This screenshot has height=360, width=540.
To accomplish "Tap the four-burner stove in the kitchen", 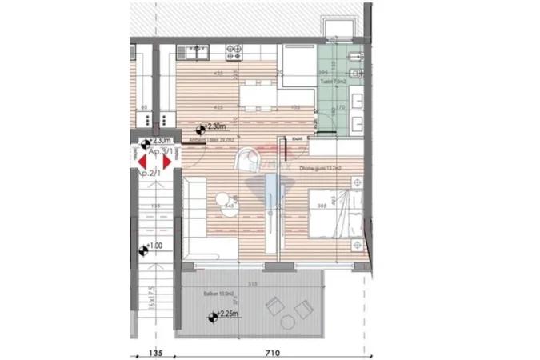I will click(x=235, y=53).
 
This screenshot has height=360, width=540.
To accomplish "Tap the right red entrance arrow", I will click(x=167, y=160).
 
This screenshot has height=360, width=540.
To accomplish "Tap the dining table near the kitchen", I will click(x=259, y=96).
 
